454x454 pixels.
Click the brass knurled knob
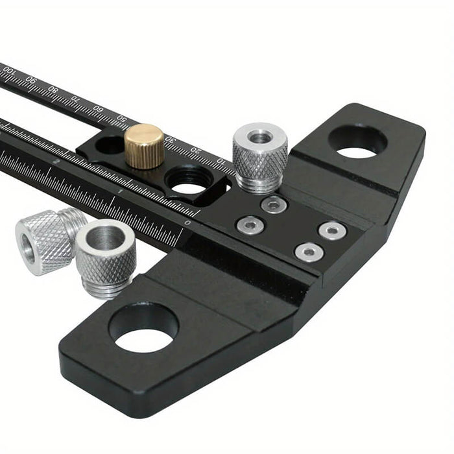click(x=144, y=145)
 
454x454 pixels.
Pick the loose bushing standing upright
click(x=106, y=257)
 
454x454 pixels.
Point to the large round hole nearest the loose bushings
click(x=143, y=328)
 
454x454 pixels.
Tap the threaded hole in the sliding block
click(x=188, y=180)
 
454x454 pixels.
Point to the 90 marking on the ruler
click(x=30, y=82)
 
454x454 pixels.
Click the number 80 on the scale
click(x=53, y=91)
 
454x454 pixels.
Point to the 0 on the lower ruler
click(x=188, y=222)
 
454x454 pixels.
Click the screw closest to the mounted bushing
click(x=274, y=205)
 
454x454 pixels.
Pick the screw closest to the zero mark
click(x=250, y=225)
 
